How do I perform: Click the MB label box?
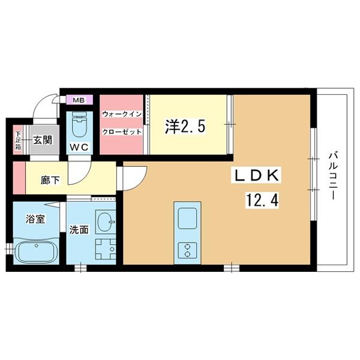pyautogui.click(x=79, y=100)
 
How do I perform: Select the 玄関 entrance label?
pyautogui.click(x=42, y=140)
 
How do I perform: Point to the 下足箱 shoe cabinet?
pyautogui.click(x=18, y=142)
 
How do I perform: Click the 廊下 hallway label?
pyautogui.click(x=50, y=178)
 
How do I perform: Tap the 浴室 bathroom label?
pyautogui.click(x=35, y=219)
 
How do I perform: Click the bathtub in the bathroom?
pyautogui.click(x=37, y=251)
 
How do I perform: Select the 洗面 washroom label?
pyautogui.click(x=80, y=229)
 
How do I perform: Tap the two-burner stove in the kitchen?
pyautogui.click(x=187, y=248)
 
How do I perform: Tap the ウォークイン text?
pyautogui.click(x=121, y=114)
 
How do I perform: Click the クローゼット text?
pyautogui.click(x=121, y=131)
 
